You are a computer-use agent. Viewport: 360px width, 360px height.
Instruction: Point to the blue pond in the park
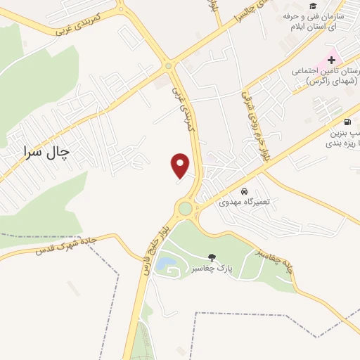(x=166, y=264)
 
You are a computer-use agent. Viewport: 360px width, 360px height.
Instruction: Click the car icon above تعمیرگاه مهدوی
(x=244, y=191)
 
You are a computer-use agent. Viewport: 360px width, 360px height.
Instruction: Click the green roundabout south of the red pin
(x=185, y=208)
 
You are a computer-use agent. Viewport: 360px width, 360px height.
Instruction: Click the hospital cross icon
(x=331, y=60)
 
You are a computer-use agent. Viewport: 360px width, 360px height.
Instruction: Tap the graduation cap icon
(x=312, y=6)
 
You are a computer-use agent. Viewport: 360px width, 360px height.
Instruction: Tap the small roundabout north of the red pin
(x=169, y=67)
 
